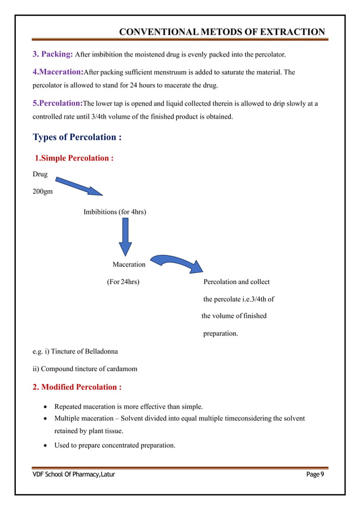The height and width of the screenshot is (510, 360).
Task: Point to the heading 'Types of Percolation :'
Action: pos(77,137)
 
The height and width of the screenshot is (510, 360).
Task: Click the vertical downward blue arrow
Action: pos(125,238)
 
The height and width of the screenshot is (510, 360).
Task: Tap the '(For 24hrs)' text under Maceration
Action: pos(124,282)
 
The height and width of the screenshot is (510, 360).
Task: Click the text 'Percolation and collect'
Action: pos(236,282)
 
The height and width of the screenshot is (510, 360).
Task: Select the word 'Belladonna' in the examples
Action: pos(99,351)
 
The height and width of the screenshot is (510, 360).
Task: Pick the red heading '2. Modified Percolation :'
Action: pos(77,387)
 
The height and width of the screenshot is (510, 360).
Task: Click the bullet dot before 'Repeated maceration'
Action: pos(45,407)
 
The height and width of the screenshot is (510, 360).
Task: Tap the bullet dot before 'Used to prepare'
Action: pos(45,446)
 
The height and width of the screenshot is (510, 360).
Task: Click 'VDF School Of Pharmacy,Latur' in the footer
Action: pos(73,474)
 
